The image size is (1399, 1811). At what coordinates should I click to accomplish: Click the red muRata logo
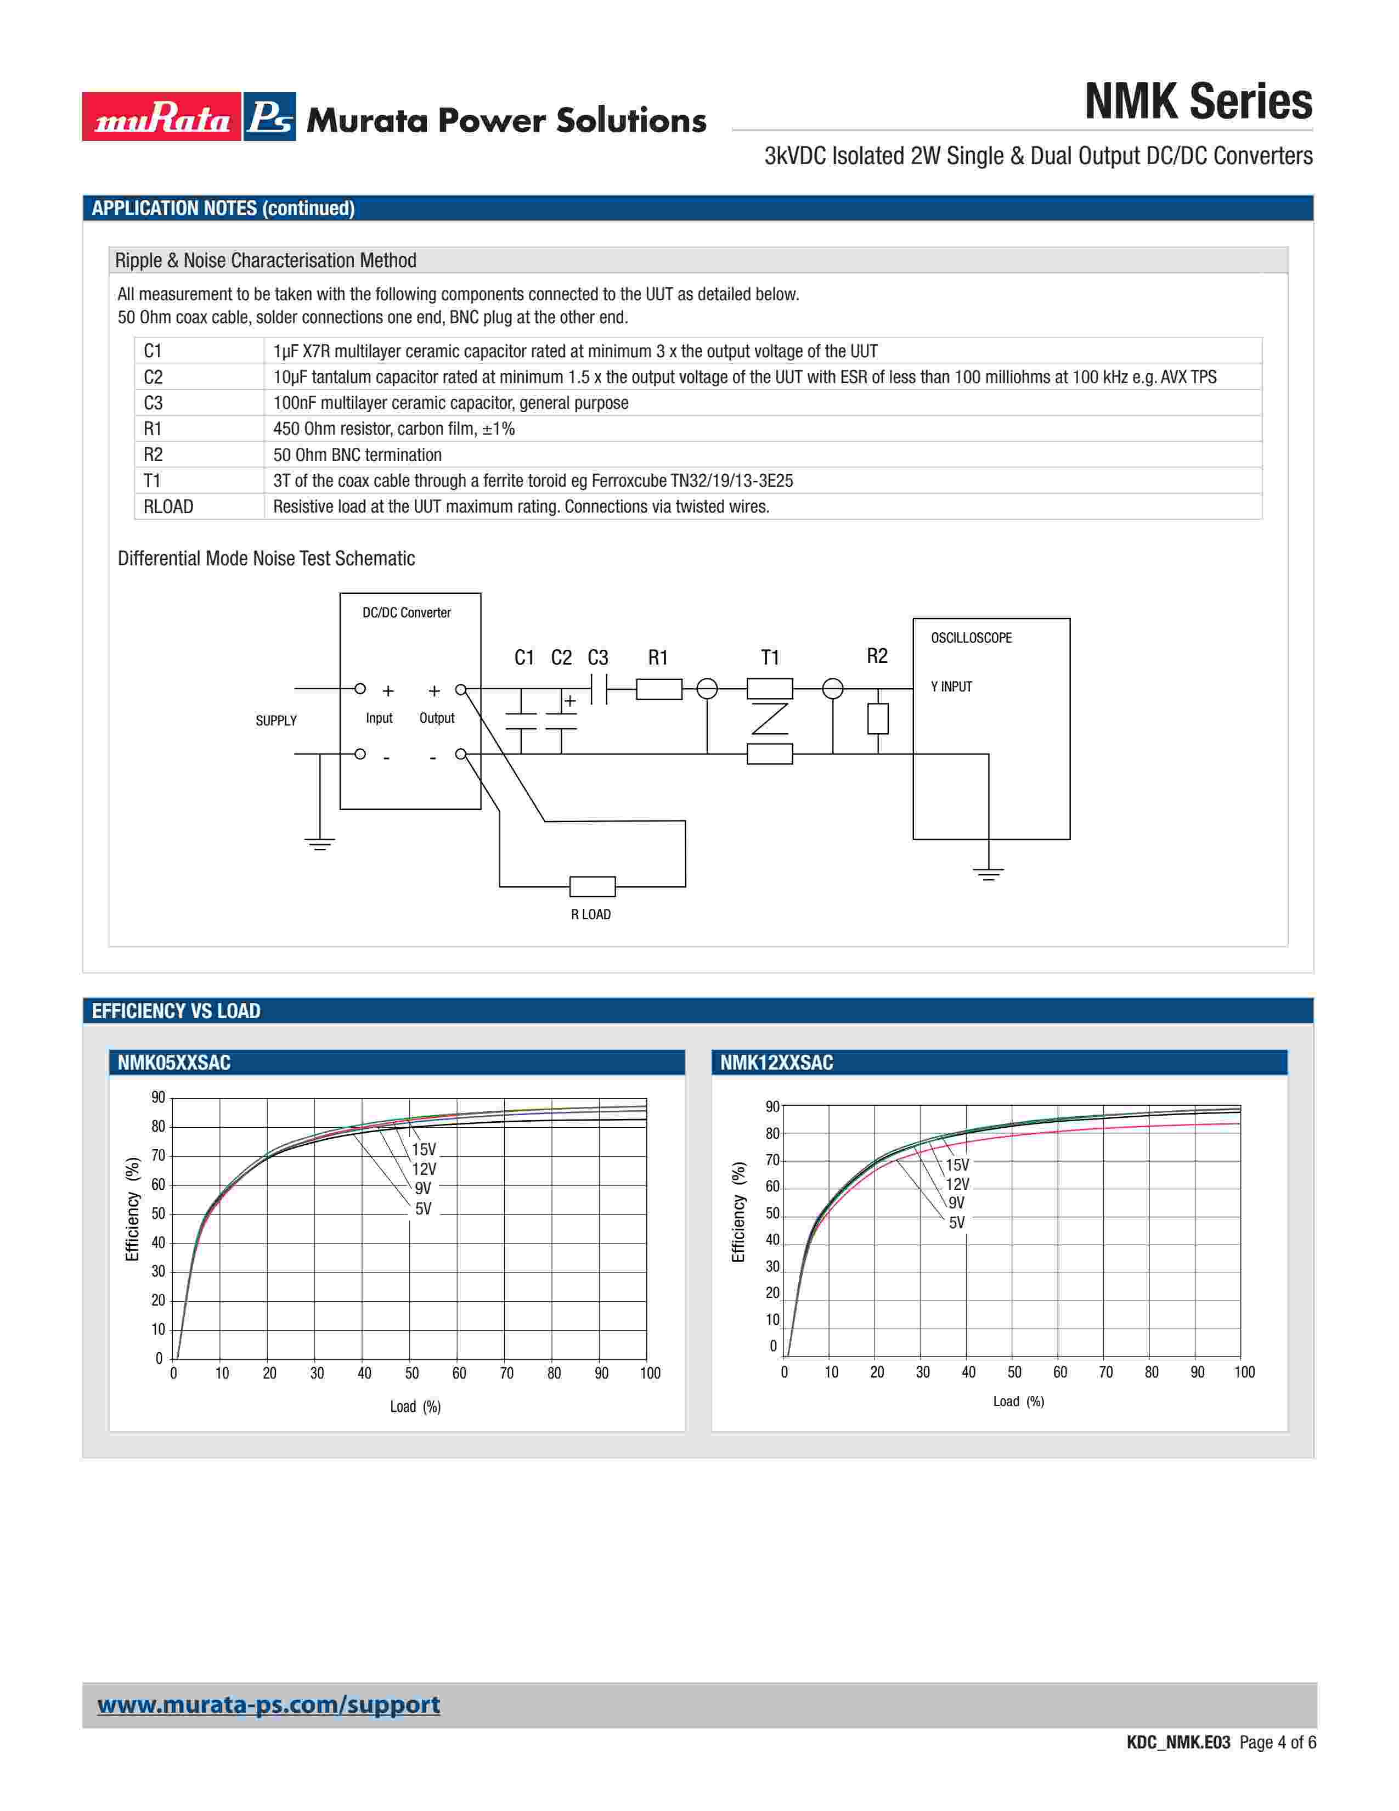coord(162,117)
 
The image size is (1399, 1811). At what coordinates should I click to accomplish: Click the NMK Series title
coord(1198,102)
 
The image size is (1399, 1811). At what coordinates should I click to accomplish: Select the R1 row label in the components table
coord(153,429)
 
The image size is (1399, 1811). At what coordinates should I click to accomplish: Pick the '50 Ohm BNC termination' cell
coord(357,454)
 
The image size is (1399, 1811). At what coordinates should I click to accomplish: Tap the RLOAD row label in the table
coord(168,507)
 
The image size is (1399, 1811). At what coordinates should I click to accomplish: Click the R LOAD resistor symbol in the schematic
coord(592,886)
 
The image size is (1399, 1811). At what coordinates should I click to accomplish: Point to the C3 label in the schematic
coord(597,657)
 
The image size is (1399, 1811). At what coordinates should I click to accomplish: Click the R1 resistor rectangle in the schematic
coord(659,689)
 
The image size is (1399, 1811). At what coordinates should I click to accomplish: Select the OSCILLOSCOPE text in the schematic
coord(971,638)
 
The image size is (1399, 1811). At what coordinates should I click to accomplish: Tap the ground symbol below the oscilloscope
coord(988,873)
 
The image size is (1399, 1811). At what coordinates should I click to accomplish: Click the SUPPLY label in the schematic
coord(276,721)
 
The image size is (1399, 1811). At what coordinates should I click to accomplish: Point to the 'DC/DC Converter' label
coord(406,613)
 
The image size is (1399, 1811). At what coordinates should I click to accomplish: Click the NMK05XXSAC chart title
coord(174,1062)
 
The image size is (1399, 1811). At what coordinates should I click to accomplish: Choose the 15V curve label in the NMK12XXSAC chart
coord(957,1165)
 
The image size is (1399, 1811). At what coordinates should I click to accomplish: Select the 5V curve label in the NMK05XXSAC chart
coord(422,1209)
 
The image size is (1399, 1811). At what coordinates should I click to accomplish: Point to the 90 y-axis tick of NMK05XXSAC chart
coord(157,1098)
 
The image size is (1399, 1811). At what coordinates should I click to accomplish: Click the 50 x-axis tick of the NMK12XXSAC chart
coord(1014,1373)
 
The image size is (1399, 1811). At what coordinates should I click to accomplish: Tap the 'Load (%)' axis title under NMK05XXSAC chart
coord(415,1407)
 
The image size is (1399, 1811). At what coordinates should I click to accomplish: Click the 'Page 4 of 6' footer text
coord(1277,1742)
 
